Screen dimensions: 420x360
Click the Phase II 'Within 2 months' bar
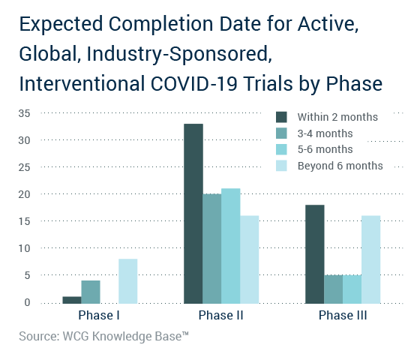[x=193, y=214]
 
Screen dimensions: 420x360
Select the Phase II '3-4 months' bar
[x=212, y=248]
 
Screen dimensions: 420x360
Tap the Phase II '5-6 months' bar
[x=231, y=246]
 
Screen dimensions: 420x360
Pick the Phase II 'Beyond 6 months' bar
[x=250, y=259]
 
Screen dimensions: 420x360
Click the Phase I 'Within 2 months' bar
[x=72, y=300]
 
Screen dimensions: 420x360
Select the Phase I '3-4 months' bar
[x=91, y=292]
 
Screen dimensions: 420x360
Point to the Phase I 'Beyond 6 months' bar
[x=128, y=281]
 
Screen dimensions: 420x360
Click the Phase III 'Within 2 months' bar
[x=315, y=254]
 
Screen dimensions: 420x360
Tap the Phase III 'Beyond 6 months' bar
[x=371, y=259]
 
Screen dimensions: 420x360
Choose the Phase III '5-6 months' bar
[x=352, y=289]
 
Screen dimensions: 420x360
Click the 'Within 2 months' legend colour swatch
[x=281, y=117]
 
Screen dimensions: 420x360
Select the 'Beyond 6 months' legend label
[x=340, y=166]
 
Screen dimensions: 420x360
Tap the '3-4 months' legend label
[x=325, y=133]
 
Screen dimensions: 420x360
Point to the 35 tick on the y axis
[x=24, y=113]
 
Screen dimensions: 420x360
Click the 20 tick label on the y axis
[x=24, y=194]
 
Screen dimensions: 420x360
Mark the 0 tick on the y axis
[x=27, y=302]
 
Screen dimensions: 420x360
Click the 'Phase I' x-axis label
[x=99, y=315]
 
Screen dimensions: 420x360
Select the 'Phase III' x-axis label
[x=343, y=315]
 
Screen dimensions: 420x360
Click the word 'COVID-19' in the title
[x=194, y=83]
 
